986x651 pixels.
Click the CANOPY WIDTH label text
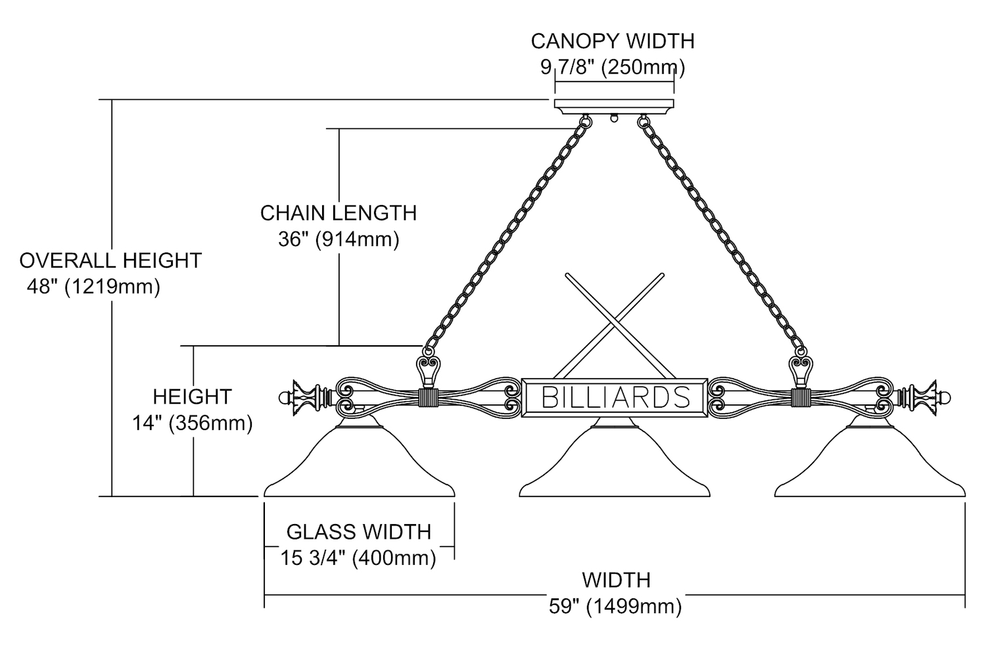click(613, 41)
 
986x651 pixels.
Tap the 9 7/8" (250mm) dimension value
click(613, 66)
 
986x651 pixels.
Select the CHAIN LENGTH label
click(339, 213)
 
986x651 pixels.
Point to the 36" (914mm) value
click(339, 239)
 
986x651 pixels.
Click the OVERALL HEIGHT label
click(110, 260)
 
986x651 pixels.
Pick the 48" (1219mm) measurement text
click(93, 287)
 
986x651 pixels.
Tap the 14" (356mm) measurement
click(193, 423)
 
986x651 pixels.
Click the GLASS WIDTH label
click(359, 531)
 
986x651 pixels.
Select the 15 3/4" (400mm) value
click(359, 558)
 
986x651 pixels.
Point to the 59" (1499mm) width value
click(615, 606)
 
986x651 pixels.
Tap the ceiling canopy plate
click(615, 106)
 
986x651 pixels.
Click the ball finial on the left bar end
click(284, 398)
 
